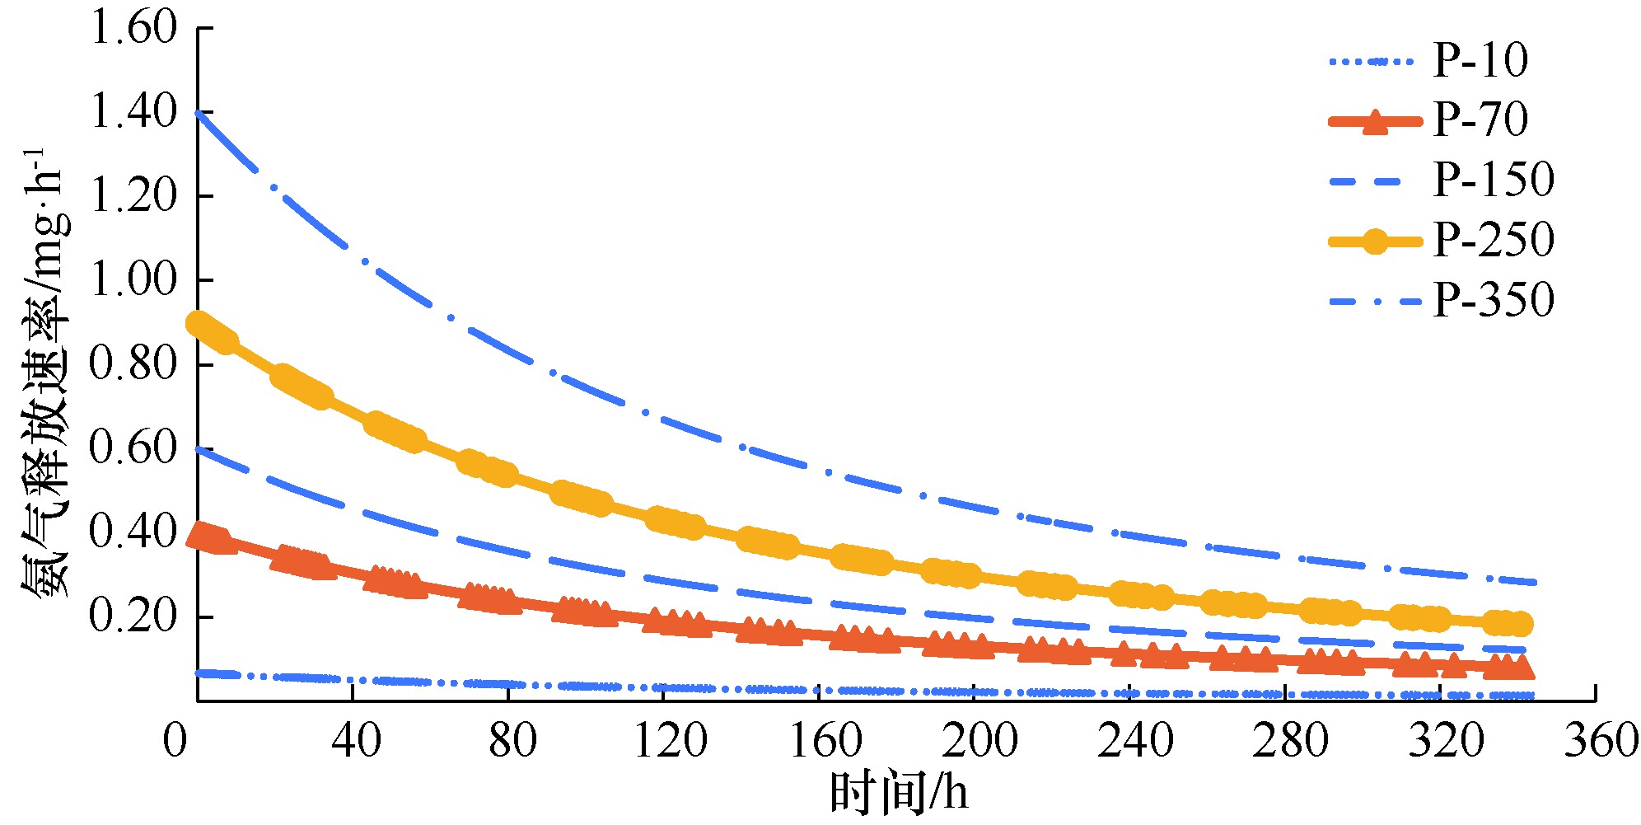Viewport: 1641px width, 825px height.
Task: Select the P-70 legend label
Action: (x=1480, y=120)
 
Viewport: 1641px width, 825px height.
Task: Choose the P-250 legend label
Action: (x=1493, y=240)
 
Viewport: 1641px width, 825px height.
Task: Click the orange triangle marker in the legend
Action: (x=1376, y=122)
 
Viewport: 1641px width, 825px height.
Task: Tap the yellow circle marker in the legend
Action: (x=1376, y=241)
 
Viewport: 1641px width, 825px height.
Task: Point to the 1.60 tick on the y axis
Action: (x=133, y=28)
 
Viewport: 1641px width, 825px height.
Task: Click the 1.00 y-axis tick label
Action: (x=133, y=280)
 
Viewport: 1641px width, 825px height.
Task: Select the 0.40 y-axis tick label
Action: (x=133, y=532)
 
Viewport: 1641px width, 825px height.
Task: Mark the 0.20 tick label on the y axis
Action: (x=133, y=616)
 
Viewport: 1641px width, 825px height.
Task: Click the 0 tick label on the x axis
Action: (x=175, y=740)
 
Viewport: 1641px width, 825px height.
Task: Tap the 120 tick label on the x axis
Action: (x=670, y=740)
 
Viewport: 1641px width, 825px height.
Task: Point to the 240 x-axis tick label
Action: (x=1134, y=740)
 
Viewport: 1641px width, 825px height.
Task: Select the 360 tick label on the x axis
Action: (x=1601, y=740)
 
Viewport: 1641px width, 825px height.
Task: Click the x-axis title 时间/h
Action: (x=898, y=793)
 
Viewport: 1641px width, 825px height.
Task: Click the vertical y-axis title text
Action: (x=45, y=371)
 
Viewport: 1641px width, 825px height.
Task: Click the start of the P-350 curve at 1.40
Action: (x=200, y=114)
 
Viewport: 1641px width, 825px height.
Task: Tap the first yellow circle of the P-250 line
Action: (x=200, y=323)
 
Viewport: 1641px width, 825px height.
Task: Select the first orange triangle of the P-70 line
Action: (x=200, y=537)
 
